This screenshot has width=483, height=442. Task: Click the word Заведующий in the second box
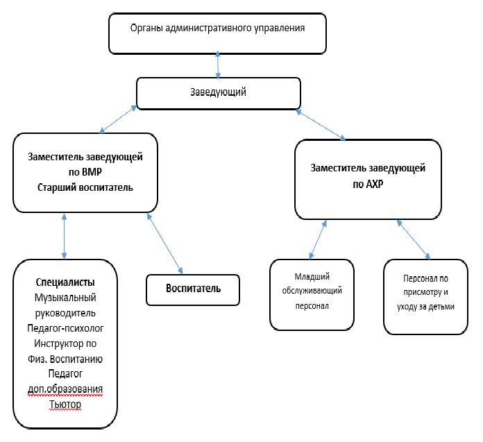point(218,92)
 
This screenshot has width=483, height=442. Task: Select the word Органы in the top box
point(146,28)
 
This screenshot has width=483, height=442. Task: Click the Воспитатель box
point(193,290)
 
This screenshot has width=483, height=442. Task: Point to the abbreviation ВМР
point(91,172)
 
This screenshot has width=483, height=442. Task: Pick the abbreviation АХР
point(374,184)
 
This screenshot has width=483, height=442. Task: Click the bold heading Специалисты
point(65,282)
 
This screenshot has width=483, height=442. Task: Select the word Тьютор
point(65,404)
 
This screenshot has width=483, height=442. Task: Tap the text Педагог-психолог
point(65,328)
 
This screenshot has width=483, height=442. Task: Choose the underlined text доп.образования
point(65,389)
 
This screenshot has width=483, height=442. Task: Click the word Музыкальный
point(65,298)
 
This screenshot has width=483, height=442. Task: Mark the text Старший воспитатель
point(85,187)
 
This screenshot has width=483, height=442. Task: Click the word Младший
point(312,277)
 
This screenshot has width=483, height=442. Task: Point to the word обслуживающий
point(312,291)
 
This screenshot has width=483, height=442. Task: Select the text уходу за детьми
point(425,307)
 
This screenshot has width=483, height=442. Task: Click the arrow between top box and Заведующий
point(218,65)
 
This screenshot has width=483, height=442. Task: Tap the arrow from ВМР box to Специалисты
point(64,236)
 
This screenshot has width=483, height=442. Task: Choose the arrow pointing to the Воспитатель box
point(164,244)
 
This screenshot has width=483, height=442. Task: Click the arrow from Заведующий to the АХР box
point(321,125)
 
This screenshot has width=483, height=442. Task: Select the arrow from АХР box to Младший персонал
point(318,239)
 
